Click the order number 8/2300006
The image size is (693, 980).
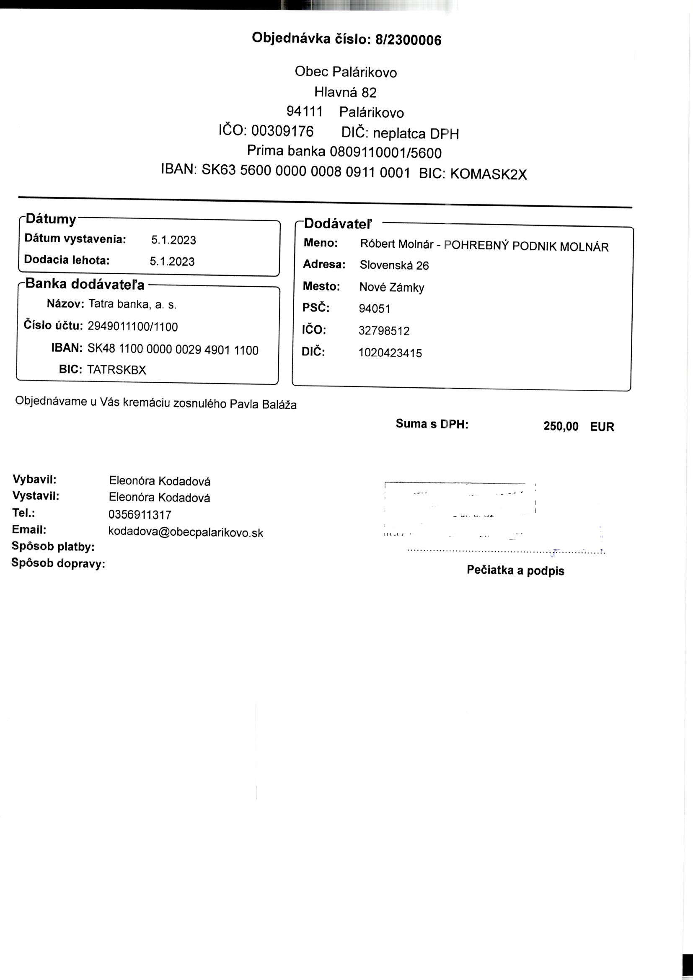pyautogui.click(x=408, y=40)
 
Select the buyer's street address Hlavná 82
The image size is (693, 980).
pyautogui.click(x=345, y=92)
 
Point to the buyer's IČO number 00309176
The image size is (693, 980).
pyautogui.click(x=282, y=131)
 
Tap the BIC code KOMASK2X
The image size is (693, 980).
pyautogui.click(x=488, y=174)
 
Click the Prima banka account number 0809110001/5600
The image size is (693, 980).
pyautogui.click(x=386, y=153)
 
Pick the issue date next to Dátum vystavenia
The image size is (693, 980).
pyautogui.click(x=174, y=240)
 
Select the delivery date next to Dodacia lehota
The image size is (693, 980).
pyautogui.click(x=172, y=261)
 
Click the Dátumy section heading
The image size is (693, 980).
pyautogui.click(x=51, y=219)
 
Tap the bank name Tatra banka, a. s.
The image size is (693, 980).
pyautogui.click(x=132, y=304)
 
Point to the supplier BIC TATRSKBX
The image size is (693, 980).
pyautogui.click(x=116, y=370)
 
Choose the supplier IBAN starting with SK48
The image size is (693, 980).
pyautogui.click(x=173, y=350)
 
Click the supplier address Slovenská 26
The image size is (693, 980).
pyautogui.click(x=394, y=265)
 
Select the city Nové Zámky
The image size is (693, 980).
pyautogui.click(x=391, y=287)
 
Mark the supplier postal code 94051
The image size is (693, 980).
pyautogui.click(x=374, y=309)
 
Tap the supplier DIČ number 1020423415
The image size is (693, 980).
pyautogui.click(x=390, y=353)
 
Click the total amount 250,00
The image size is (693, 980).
pyautogui.click(x=561, y=426)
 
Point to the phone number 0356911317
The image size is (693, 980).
pyautogui.click(x=140, y=515)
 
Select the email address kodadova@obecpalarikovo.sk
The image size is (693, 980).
pyautogui.click(x=186, y=532)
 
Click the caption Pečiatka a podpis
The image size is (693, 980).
pyautogui.click(x=515, y=570)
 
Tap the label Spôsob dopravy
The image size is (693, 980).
pyautogui.click(x=58, y=563)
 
